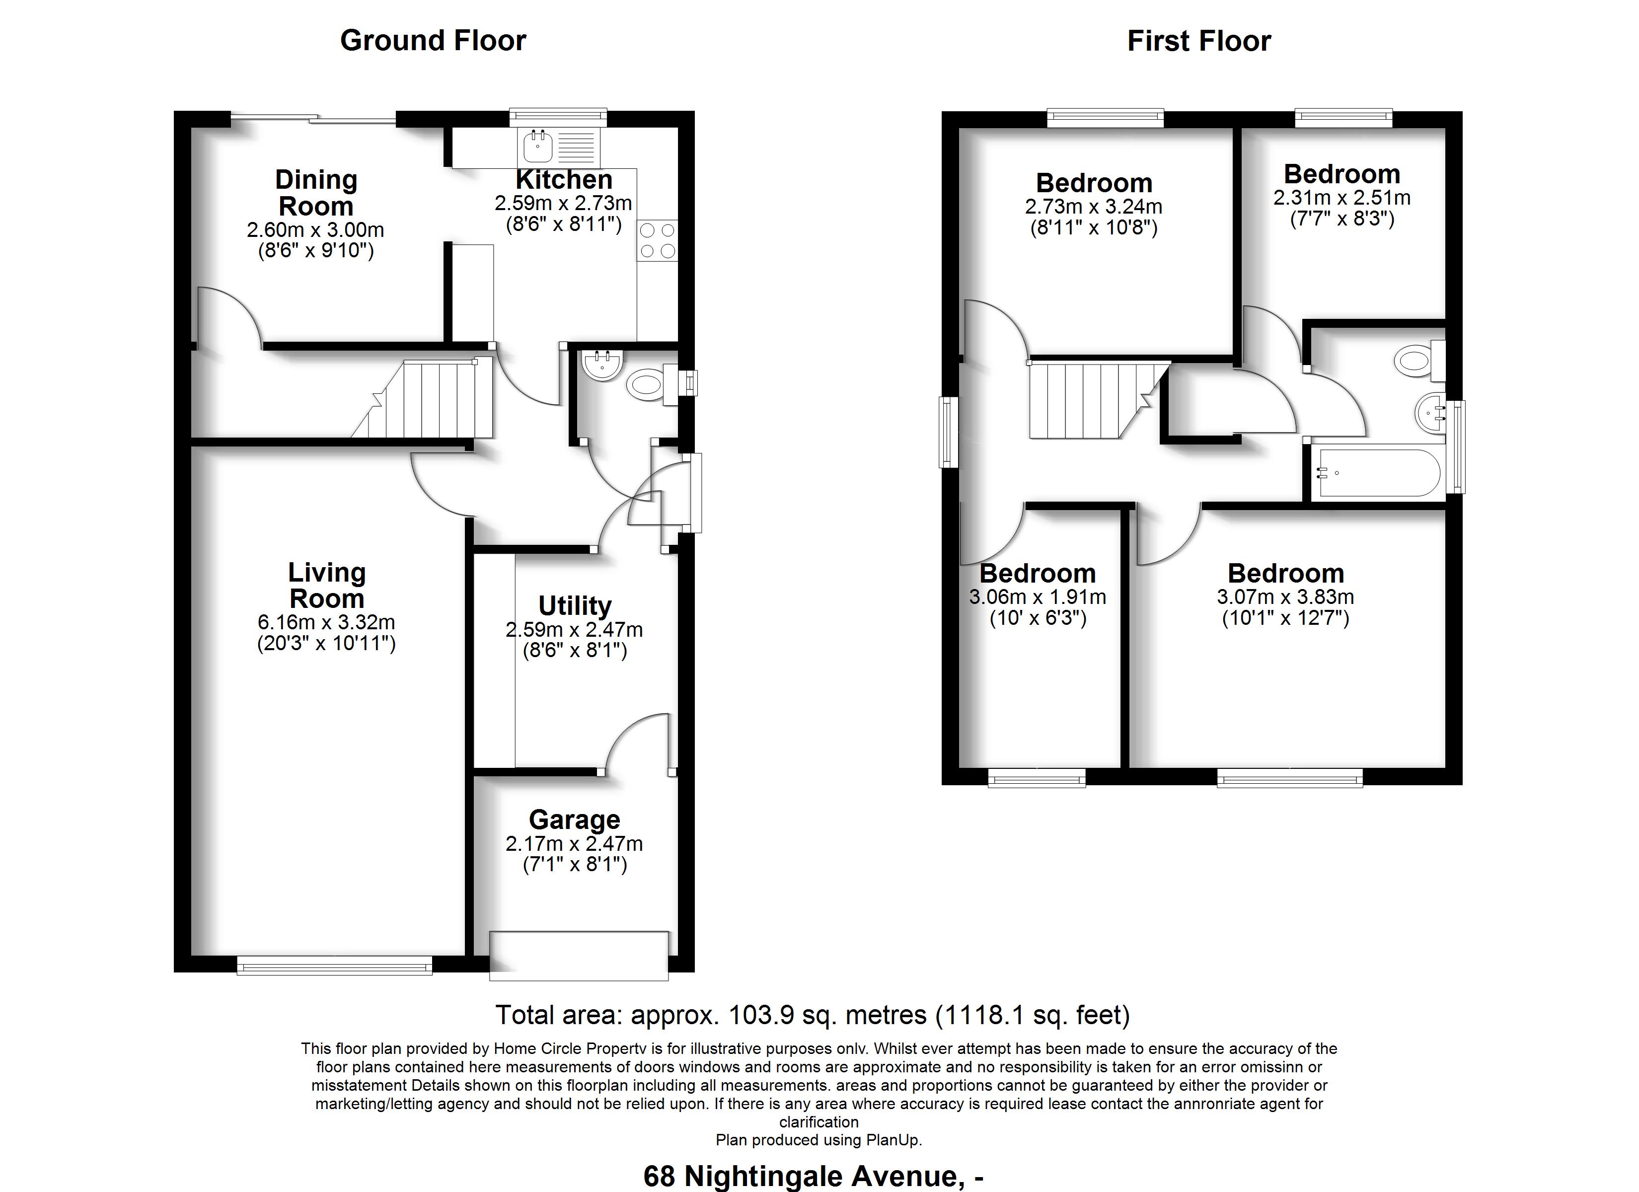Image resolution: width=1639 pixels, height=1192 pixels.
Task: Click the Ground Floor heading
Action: coord(433,41)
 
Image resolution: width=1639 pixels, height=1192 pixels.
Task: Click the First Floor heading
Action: coord(1199,41)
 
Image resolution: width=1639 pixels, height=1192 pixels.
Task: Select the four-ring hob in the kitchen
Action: coord(658,240)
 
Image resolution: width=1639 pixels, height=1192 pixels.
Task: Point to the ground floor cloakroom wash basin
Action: coord(601,365)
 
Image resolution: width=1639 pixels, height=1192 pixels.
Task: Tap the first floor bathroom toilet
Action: coord(1420,360)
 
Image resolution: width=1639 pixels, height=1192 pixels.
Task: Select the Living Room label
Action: coord(327,586)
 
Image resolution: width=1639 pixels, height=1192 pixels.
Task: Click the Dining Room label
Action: coord(316,193)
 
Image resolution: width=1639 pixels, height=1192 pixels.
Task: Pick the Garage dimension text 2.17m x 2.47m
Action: coord(575,843)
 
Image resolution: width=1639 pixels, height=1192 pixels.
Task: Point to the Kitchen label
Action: coord(564,179)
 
